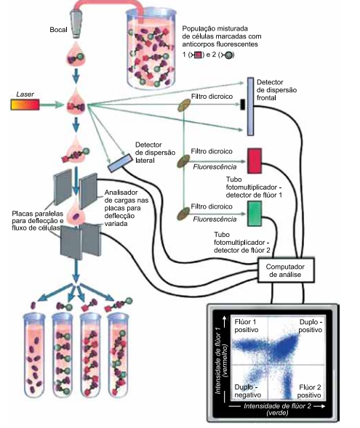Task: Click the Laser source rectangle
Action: [x=25, y=105]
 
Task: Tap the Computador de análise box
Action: [x=285, y=270]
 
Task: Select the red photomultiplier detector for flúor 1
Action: [x=255, y=161]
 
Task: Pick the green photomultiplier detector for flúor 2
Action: [x=255, y=214]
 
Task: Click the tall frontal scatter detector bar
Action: [x=250, y=106]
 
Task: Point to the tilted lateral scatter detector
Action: [x=120, y=163]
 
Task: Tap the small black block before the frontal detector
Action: [x=242, y=105]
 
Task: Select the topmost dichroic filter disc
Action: [x=184, y=105]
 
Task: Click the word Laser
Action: [x=25, y=94]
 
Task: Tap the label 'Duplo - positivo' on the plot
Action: [x=311, y=326]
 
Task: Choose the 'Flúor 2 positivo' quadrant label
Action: [x=309, y=391]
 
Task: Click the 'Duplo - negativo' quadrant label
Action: [x=247, y=391]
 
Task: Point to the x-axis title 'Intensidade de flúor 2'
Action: [x=277, y=406]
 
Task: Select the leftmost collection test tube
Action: [x=34, y=355]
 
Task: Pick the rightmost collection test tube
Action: [x=118, y=355]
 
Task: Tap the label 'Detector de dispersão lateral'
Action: [x=155, y=153]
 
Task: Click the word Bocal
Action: [x=58, y=30]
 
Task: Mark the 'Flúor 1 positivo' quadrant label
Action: [x=247, y=326]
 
